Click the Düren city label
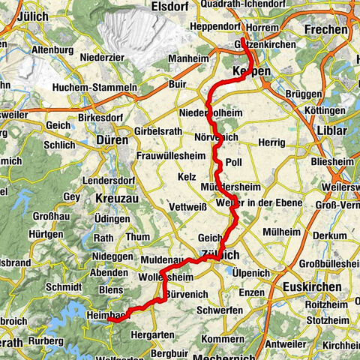112,139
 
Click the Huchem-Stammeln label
94,88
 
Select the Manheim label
188,57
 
